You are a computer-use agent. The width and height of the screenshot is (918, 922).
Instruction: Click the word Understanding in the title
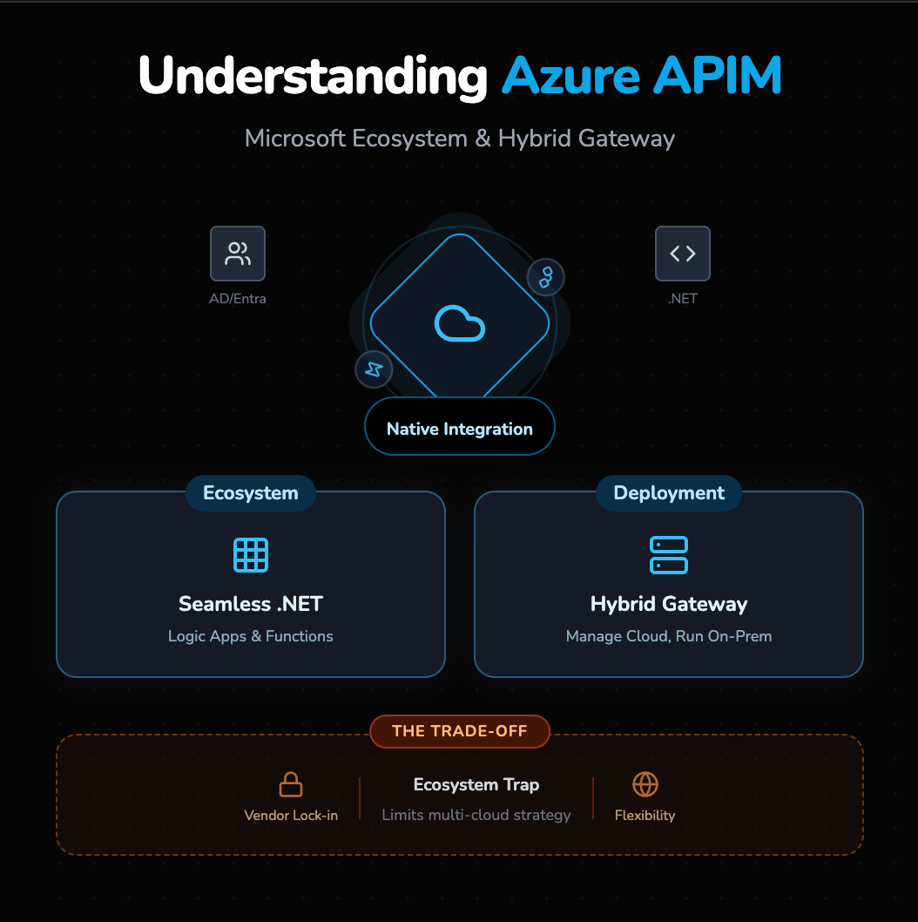coord(313,77)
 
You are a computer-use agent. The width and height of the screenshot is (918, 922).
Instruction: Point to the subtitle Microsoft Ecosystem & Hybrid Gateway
coord(459,139)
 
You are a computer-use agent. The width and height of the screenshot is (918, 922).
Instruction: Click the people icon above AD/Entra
coord(238,254)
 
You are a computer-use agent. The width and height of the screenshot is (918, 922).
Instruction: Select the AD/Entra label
coord(238,299)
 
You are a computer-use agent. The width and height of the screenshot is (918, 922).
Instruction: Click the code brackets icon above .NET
coord(682,254)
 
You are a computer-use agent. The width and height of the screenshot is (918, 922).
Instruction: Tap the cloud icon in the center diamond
coord(459,324)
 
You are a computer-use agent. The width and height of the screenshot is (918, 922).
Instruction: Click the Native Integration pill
coord(459,429)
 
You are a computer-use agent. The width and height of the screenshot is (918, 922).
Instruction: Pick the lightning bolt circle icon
coord(374,369)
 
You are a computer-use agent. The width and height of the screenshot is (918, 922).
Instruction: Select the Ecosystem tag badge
coord(250,493)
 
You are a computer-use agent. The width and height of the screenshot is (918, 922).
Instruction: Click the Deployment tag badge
coord(669,493)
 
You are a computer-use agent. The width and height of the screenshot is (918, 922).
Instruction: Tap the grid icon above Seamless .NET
coord(251,555)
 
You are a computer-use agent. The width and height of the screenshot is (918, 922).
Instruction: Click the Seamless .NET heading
coord(251,604)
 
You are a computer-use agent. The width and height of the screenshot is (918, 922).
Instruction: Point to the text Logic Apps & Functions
coord(251,636)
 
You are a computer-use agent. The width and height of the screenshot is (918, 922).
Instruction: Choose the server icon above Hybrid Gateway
coord(669,555)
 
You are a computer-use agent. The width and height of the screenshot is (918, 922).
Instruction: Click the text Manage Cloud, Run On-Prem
coord(669,636)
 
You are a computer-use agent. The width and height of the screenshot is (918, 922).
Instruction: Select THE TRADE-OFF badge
coord(459,731)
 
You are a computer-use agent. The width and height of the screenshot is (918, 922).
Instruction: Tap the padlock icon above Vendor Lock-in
coord(291,784)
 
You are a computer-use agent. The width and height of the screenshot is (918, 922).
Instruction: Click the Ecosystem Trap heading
coord(476,785)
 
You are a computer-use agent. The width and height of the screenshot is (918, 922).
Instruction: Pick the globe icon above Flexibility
coord(645,784)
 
